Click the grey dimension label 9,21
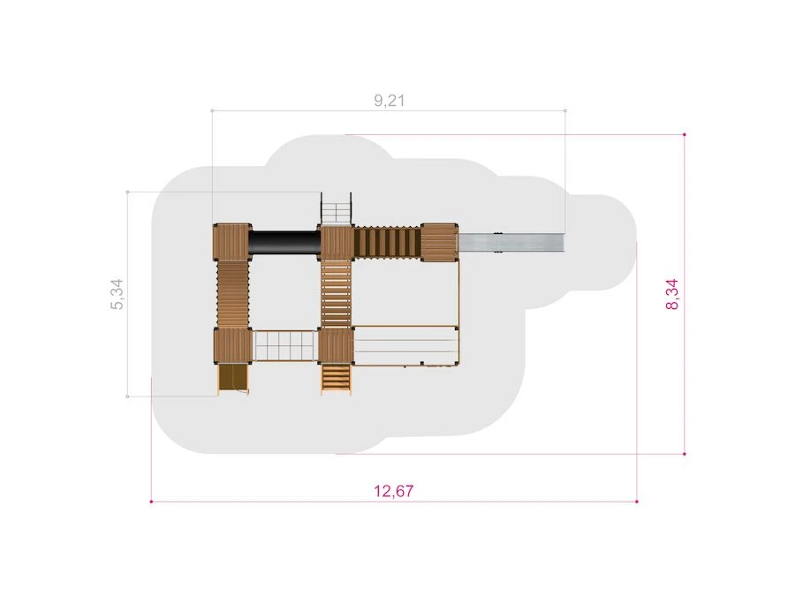(390, 101)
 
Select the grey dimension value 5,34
(117, 294)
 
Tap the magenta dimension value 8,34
(672, 294)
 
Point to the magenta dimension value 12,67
(393, 491)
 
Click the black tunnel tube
(285, 242)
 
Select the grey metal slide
(511, 242)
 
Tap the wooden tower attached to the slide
(439, 242)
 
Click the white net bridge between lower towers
(285, 345)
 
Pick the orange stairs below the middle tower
(336, 379)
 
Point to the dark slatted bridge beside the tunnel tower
(388, 242)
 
